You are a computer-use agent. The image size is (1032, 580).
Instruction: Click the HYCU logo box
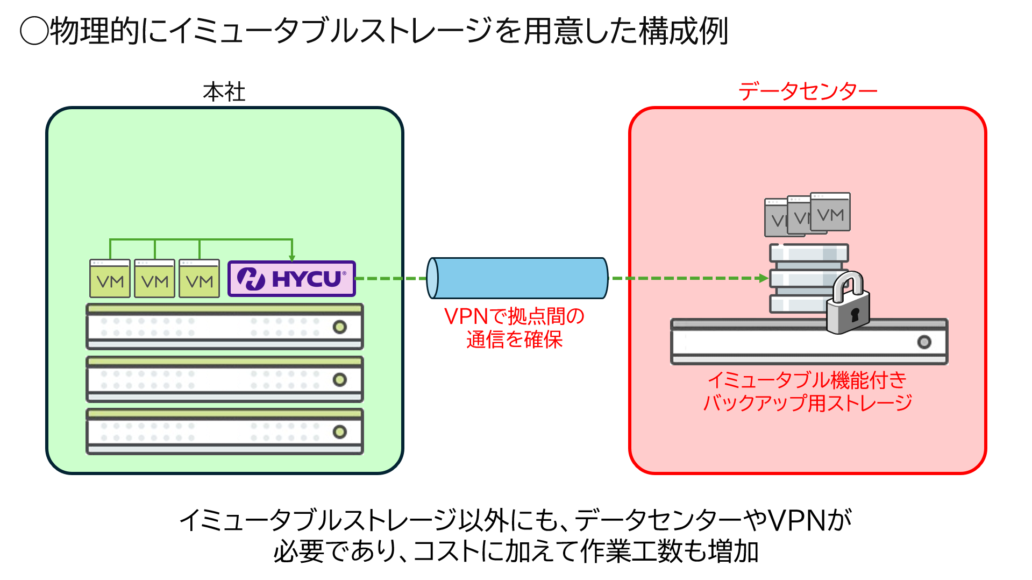click(x=291, y=279)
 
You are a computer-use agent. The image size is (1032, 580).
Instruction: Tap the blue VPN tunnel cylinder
click(x=517, y=278)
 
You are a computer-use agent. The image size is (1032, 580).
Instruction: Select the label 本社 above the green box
click(x=224, y=92)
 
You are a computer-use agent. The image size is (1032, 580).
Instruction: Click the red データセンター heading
click(x=807, y=91)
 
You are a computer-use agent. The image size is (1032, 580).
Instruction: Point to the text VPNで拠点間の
click(x=514, y=316)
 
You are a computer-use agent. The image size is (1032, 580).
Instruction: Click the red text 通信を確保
click(x=514, y=339)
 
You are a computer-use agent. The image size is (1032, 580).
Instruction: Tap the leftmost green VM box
click(x=110, y=279)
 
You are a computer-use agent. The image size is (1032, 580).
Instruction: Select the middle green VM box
click(x=154, y=279)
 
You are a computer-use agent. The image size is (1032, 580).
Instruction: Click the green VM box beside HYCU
click(x=199, y=279)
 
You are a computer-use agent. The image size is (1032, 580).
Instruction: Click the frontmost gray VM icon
click(x=830, y=212)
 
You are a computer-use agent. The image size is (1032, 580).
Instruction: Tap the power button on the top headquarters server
click(x=339, y=327)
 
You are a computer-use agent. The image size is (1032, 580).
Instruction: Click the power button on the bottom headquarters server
click(x=339, y=432)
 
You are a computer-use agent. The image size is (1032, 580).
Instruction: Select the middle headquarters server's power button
click(x=339, y=379)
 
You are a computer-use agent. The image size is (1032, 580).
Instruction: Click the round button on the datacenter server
click(x=924, y=342)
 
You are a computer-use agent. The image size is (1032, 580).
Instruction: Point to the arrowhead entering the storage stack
click(x=763, y=278)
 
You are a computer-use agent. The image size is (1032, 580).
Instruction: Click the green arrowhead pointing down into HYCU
click(x=292, y=258)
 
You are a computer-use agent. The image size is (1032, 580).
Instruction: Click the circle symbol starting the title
click(x=34, y=31)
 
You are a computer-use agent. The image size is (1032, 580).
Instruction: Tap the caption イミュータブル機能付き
click(x=807, y=380)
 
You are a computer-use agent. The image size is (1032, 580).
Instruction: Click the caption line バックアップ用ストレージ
click(x=807, y=402)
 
